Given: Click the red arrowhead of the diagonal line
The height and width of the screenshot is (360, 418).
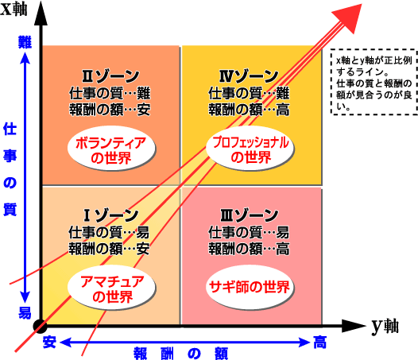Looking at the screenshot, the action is coord(350,17).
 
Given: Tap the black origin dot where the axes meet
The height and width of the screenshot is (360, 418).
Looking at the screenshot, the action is coord(41,326).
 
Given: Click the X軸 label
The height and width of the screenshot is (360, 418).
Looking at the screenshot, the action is coord(14,10).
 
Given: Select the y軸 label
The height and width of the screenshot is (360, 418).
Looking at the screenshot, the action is coord(385,326).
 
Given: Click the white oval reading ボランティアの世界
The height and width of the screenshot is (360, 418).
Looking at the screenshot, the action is coord(111,149).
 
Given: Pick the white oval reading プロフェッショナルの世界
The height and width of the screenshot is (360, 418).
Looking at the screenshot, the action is coord(250,148).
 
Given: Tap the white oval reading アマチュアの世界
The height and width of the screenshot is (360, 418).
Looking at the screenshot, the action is coord(111,288).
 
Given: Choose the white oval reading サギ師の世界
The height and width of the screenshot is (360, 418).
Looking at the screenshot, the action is coord(250,287).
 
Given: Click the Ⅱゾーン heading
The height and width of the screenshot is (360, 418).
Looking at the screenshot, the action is coord(110,76).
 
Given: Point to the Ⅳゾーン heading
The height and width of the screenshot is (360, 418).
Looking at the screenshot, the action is coord(249,76).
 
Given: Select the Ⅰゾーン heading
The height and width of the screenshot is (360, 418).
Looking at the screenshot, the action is coord(111,215).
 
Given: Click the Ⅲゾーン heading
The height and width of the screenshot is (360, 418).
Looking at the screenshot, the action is coord(250,215).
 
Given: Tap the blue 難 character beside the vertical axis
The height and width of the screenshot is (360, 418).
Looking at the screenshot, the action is coord(25,42).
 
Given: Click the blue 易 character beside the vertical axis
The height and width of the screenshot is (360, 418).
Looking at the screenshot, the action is coord(25,312).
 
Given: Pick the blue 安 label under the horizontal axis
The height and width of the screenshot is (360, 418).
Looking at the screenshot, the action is coord(49,342).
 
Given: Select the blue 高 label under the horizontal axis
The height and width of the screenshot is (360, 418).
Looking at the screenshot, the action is coord(319,343).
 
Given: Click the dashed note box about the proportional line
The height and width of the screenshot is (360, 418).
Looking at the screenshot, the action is coord(374,82).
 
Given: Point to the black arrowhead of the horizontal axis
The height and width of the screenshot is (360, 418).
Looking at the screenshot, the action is coord(354,326).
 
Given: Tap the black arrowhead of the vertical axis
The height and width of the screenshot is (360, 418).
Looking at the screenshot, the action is coord(41,14).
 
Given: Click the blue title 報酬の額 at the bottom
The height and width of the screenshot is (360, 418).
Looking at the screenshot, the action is coord(180,354).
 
